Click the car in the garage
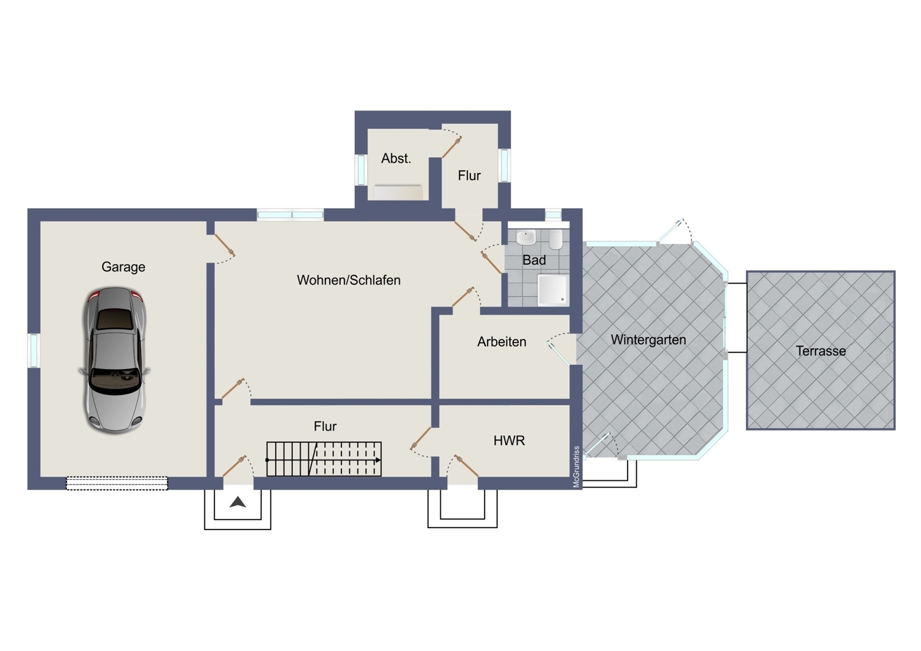click(x=114, y=360)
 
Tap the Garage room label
click(x=123, y=267)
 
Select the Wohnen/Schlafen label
click(x=349, y=280)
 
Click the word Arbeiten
click(x=502, y=341)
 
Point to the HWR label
click(x=509, y=441)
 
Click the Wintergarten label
click(x=648, y=340)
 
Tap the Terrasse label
click(x=821, y=351)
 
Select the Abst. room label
click(x=396, y=158)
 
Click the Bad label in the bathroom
click(x=534, y=260)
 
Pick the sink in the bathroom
click(x=526, y=237)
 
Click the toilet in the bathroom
click(x=556, y=240)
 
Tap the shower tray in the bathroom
click(x=553, y=290)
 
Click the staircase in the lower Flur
click(x=324, y=459)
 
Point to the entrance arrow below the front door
click(x=238, y=502)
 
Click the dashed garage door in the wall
click(x=117, y=483)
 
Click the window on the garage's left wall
click(x=34, y=351)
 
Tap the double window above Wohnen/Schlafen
click(x=290, y=215)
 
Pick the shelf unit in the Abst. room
click(x=398, y=192)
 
